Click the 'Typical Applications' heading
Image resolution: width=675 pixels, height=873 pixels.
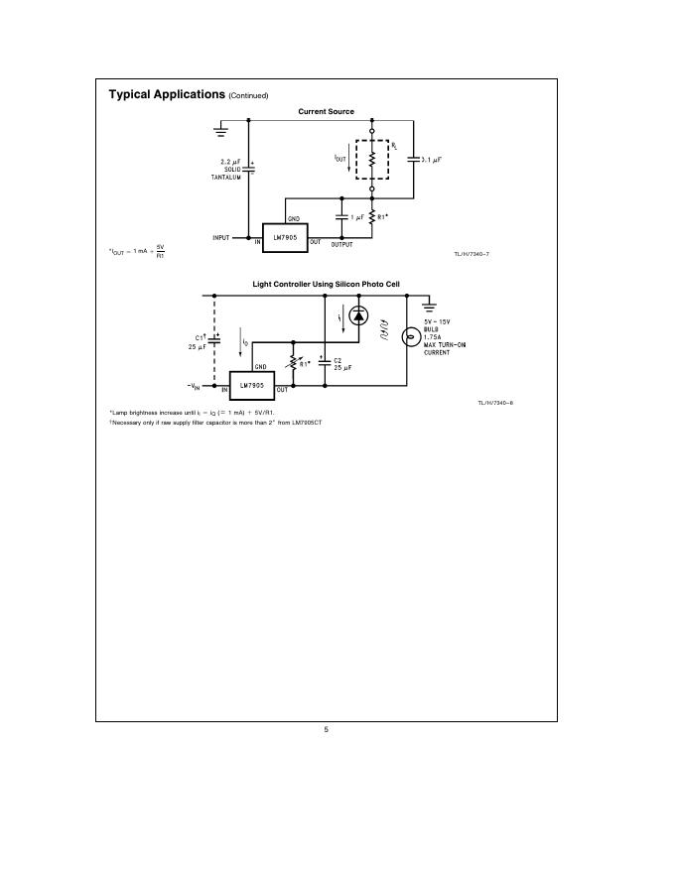(167, 94)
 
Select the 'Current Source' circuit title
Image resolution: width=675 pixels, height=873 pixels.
(326, 112)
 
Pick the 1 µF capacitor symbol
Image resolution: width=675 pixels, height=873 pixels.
(342, 216)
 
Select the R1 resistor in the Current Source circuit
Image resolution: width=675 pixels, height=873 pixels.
(372, 216)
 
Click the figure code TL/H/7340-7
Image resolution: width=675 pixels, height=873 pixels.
(472, 256)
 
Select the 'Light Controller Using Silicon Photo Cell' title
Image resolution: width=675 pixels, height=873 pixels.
(326, 285)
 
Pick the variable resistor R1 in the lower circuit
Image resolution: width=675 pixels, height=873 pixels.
(292, 363)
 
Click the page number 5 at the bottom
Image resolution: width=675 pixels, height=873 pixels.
(326, 729)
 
